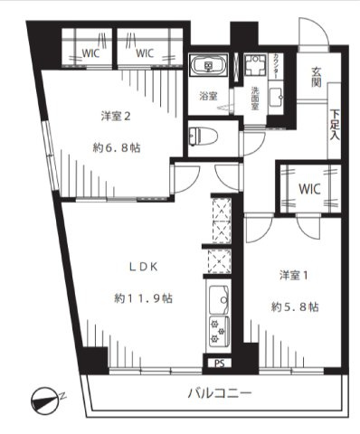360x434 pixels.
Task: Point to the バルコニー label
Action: [220, 393]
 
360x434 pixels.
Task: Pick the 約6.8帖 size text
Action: [118, 147]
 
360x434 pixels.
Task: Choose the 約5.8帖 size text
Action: [293, 307]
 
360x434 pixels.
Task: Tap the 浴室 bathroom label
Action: [208, 96]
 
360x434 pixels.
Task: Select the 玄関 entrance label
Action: [317, 78]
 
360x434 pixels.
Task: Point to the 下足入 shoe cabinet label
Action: [335, 125]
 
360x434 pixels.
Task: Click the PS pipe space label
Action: [218, 363]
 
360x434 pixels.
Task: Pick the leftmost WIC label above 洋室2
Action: [90, 52]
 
